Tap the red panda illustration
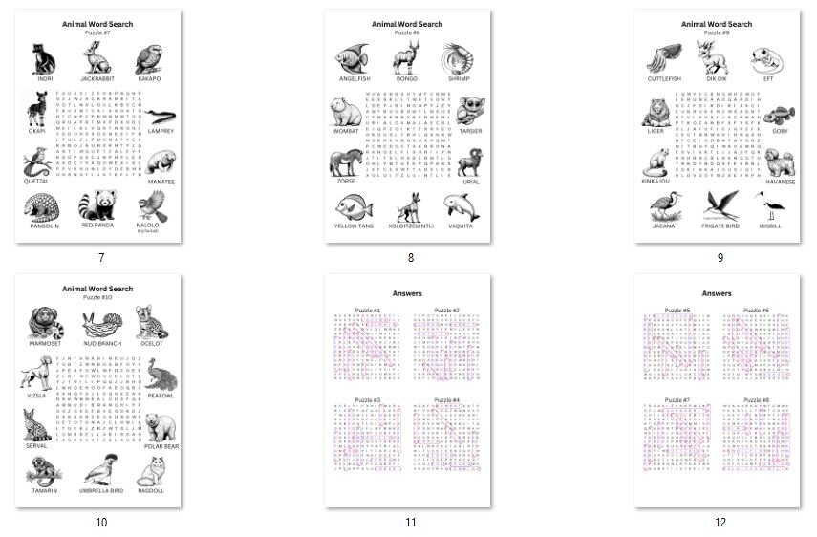[x=97, y=206]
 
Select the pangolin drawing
[x=44, y=207]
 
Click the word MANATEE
[x=160, y=182]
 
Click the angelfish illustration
[x=352, y=60]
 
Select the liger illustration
[x=656, y=114]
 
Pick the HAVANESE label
[x=779, y=182]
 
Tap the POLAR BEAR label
[x=161, y=446]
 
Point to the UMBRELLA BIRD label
[x=101, y=490]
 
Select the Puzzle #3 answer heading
[x=368, y=399]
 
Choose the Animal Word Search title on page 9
[x=717, y=24]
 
